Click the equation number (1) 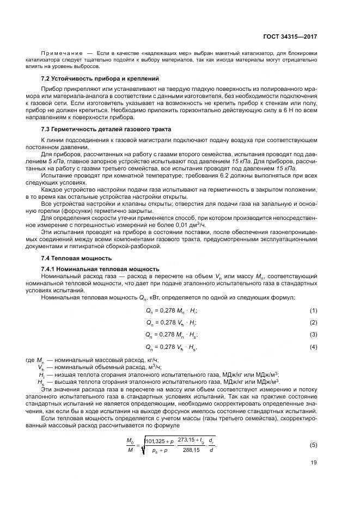[313, 310]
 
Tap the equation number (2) [313, 322]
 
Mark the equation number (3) [313, 334]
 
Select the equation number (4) [313, 346]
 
